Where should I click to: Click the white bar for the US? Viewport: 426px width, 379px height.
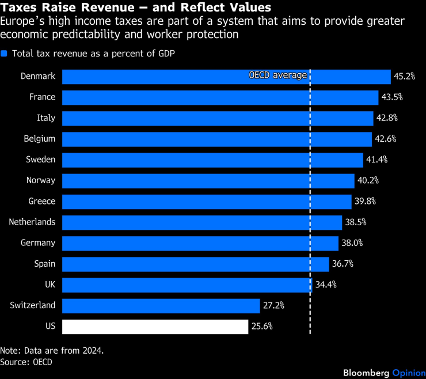click(x=155, y=327)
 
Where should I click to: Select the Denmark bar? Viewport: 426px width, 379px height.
click(x=226, y=77)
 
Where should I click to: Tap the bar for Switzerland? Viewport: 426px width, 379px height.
click(x=161, y=306)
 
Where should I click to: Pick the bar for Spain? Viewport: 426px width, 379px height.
click(x=196, y=264)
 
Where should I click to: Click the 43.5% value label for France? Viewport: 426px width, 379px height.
click(x=392, y=97)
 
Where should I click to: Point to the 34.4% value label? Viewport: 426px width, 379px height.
click(x=326, y=285)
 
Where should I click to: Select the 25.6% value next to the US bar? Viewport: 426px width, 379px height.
click(x=262, y=326)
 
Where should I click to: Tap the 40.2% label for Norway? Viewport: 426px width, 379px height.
click(x=368, y=180)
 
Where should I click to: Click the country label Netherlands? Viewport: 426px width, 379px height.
click(x=32, y=222)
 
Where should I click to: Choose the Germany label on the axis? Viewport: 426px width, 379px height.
click(x=38, y=243)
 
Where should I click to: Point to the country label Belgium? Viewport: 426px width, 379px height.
click(x=40, y=139)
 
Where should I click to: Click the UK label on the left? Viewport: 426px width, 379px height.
click(x=50, y=285)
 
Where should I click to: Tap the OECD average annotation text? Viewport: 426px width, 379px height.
click(x=278, y=75)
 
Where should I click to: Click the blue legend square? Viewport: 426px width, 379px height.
click(x=4, y=54)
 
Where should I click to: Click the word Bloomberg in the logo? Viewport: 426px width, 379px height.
click(x=366, y=373)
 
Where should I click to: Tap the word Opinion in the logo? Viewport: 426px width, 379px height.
click(x=409, y=373)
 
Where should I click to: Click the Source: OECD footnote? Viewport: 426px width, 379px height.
click(x=26, y=362)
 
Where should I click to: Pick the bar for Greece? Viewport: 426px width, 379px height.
click(x=207, y=202)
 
